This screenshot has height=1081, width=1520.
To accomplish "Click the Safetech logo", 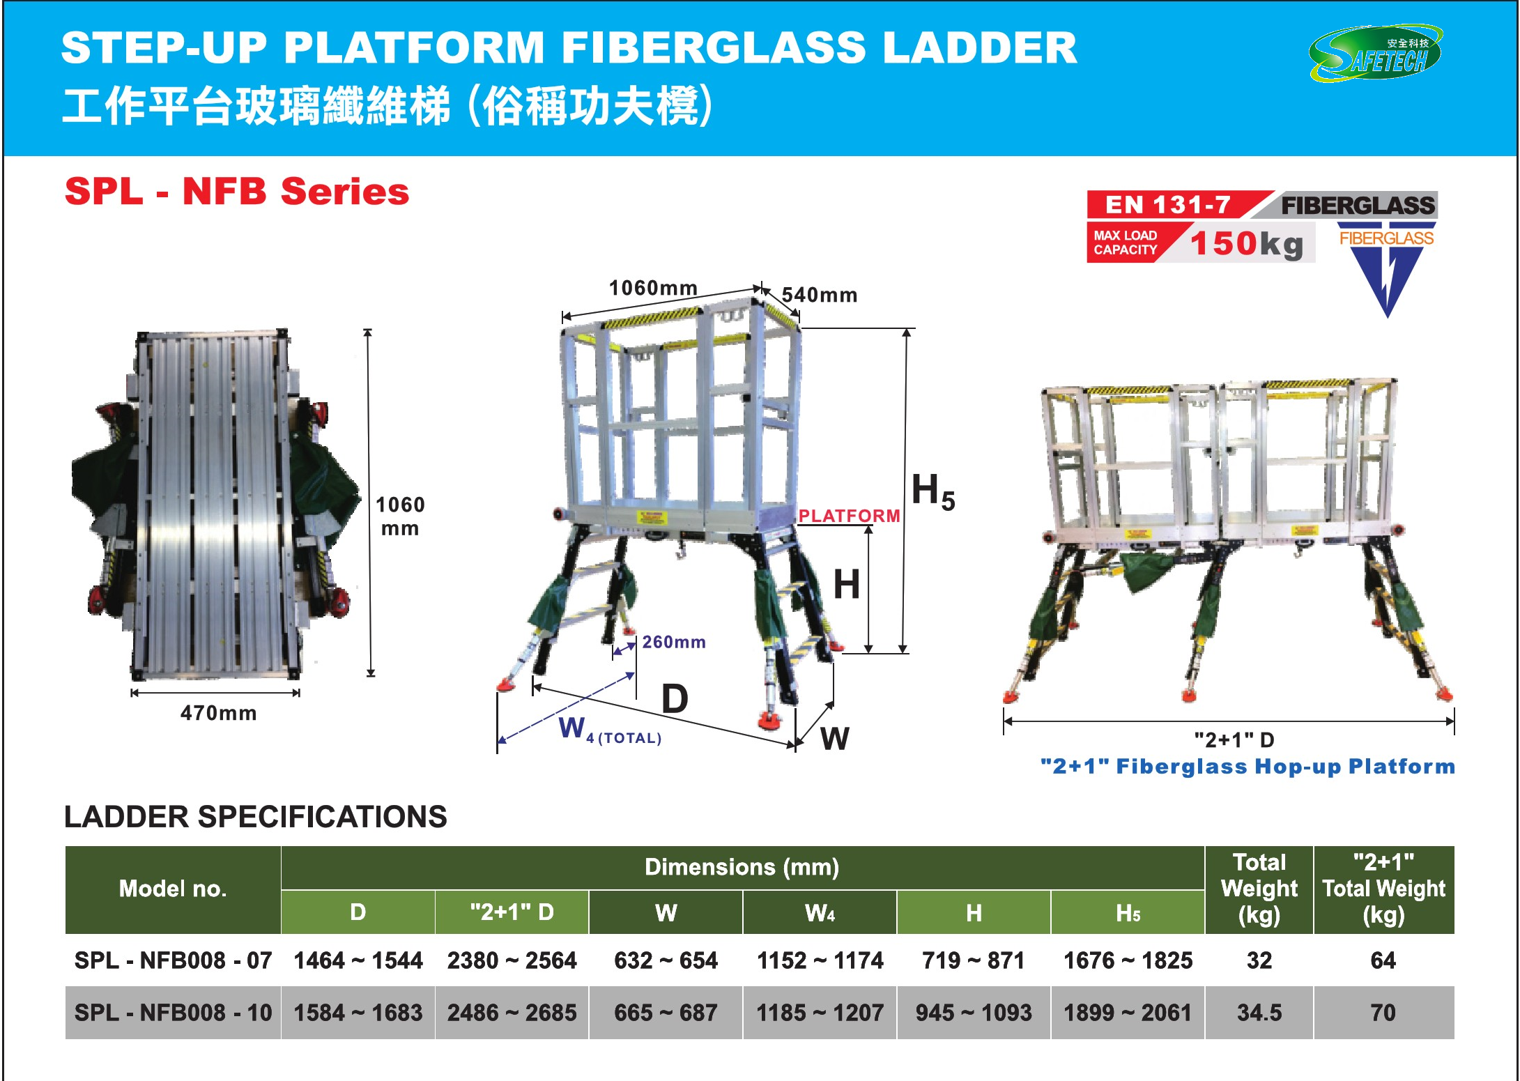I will click(x=1376, y=54).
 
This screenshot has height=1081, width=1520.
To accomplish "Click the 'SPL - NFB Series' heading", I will click(x=237, y=192).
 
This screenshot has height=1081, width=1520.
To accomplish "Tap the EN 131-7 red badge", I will click(x=1169, y=204).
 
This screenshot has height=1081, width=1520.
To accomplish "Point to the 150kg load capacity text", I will click(x=1246, y=243).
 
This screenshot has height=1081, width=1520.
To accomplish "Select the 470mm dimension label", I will click(x=218, y=713).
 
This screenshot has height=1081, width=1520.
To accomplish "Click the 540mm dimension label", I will click(x=819, y=295).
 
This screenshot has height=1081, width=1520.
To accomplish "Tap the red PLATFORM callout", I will click(x=849, y=516).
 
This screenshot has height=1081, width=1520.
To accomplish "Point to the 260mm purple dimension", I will click(x=673, y=642).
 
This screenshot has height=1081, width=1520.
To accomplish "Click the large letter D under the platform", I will click(x=674, y=698).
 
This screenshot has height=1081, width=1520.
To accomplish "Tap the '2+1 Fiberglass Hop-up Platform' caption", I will click(x=1247, y=766).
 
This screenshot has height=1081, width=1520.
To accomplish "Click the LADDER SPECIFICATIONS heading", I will click(x=255, y=816).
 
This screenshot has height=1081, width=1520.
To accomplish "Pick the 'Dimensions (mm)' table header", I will click(x=742, y=866).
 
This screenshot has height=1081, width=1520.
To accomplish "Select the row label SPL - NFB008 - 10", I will click(x=173, y=1012).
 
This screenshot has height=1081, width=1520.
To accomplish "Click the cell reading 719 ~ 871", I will click(x=973, y=960).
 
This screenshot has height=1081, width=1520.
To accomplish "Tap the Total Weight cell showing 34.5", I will click(x=1259, y=1012).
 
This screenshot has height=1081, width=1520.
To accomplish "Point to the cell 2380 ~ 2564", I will click(x=512, y=960).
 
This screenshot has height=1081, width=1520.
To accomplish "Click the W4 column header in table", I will click(x=820, y=912).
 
